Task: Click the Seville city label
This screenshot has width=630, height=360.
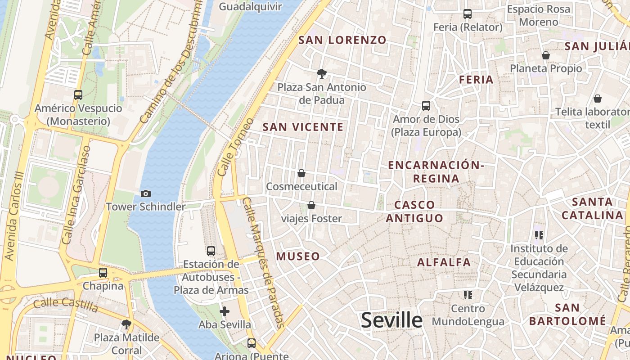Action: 391,320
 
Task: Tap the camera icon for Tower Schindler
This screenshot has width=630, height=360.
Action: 145,193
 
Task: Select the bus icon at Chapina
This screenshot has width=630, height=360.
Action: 103,273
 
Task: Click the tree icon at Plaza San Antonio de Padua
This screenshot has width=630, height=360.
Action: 321,73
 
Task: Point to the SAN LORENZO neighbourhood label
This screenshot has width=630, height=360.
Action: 342,40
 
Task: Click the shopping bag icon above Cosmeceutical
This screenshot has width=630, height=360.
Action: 301,173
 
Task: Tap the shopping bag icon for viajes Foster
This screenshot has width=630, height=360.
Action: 311,206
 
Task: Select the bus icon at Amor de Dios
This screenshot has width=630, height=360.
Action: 426,106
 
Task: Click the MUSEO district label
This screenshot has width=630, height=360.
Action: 298,256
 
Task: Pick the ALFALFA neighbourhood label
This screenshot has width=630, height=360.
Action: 444,262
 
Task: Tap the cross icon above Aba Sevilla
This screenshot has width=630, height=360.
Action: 225,311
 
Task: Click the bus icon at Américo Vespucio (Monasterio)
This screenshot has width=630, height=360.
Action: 78,95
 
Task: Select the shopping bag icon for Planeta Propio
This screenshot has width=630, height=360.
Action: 545,55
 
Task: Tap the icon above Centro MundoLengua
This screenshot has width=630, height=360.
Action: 468,295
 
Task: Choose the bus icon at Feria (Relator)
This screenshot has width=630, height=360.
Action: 468,14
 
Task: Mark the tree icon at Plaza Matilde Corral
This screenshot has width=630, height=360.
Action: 126,324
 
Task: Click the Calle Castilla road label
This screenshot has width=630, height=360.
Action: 66,305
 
